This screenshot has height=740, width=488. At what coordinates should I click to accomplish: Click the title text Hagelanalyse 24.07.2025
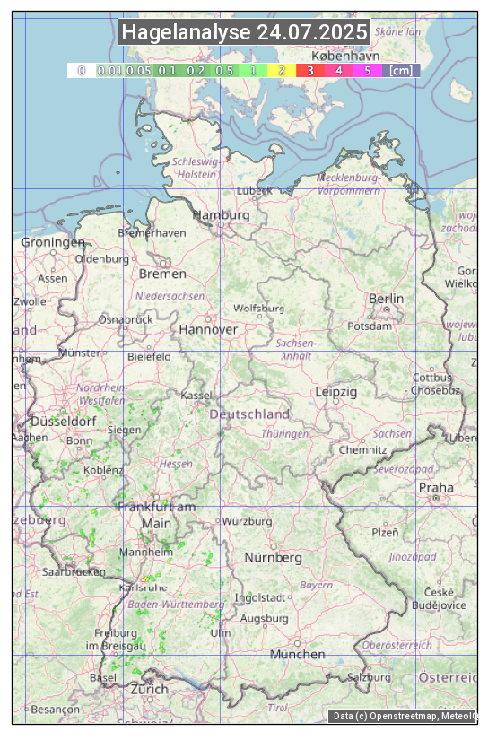pyautogui.click(x=244, y=33)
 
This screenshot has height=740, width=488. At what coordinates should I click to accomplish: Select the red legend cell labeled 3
pyautogui.click(x=310, y=70)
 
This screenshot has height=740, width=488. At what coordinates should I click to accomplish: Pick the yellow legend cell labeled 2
pyautogui.click(x=282, y=70)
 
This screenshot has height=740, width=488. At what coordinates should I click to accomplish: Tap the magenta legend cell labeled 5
pyautogui.click(x=368, y=70)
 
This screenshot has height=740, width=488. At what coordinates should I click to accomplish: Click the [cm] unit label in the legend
pyautogui.click(x=401, y=70)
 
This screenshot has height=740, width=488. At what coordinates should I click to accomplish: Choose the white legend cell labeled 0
pyautogui.click(x=81, y=70)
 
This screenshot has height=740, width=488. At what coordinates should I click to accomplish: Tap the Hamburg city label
pyautogui.click(x=221, y=215)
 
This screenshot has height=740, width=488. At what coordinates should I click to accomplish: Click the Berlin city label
pyautogui.click(x=386, y=299)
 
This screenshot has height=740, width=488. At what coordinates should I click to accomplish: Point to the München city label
pyautogui.click(x=297, y=654)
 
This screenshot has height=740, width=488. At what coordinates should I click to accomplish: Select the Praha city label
pyautogui.click(x=436, y=488)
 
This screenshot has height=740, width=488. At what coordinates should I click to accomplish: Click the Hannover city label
pyautogui.click(x=208, y=329)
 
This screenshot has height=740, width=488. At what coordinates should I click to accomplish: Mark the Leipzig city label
pyautogui.click(x=336, y=392)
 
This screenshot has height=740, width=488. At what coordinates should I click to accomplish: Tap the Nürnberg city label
pyautogui.click(x=274, y=557)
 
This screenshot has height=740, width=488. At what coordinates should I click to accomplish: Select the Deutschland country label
pyautogui.click(x=249, y=414)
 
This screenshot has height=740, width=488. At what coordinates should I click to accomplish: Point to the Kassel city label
pyautogui.click(x=196, y=396)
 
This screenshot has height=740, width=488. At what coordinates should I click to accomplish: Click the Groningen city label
pyautogui.click(x=53, y=242)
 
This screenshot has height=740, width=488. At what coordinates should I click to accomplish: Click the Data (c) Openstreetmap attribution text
pyautogui.click(x=404, y=716)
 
